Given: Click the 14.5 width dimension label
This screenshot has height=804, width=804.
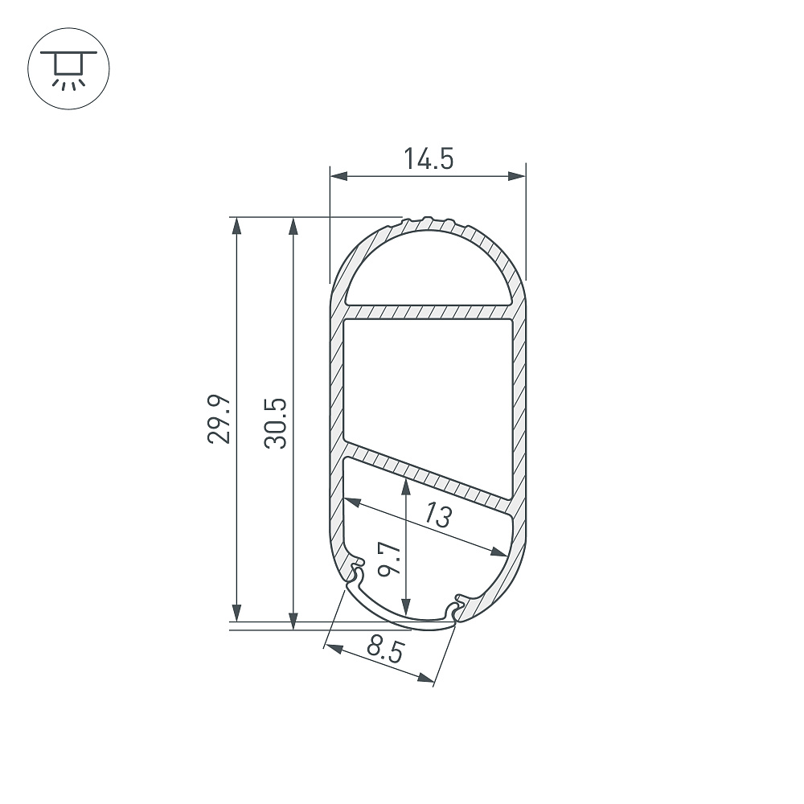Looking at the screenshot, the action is click(429, 158).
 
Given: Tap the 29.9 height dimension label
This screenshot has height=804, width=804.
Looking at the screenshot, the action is click(219, 419).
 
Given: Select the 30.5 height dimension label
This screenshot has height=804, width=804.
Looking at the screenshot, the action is click(276, 424).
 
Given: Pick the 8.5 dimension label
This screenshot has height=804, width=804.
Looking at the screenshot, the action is click(386, 650).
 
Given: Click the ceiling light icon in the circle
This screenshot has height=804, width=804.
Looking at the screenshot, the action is click(68, 69).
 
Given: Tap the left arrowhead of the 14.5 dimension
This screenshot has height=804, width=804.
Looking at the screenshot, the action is click(339, 176).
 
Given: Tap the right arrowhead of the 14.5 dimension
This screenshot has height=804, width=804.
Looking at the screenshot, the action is click(517, 176).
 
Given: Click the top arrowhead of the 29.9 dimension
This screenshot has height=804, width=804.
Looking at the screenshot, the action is click(236, 226).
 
